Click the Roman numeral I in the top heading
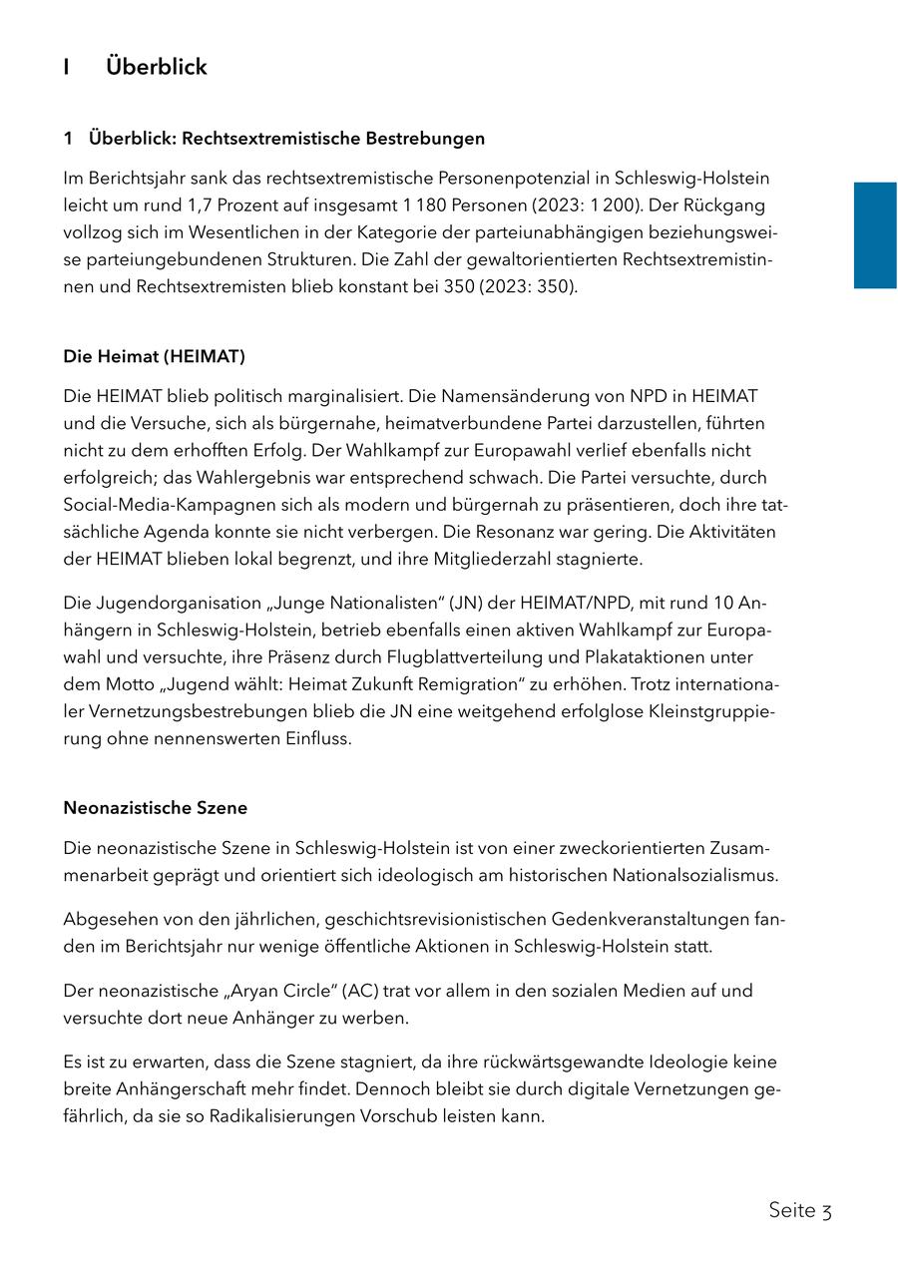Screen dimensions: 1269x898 pos(67,67)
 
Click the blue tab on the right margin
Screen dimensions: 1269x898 pos(875,235)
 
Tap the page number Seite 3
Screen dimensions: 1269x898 pos(799,1210)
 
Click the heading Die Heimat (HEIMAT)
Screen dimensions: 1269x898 pos(154,356)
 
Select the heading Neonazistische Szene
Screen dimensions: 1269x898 pos(155,807)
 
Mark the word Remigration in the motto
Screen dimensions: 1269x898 pos(412,684)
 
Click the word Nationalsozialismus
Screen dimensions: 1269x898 pos(687,875)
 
